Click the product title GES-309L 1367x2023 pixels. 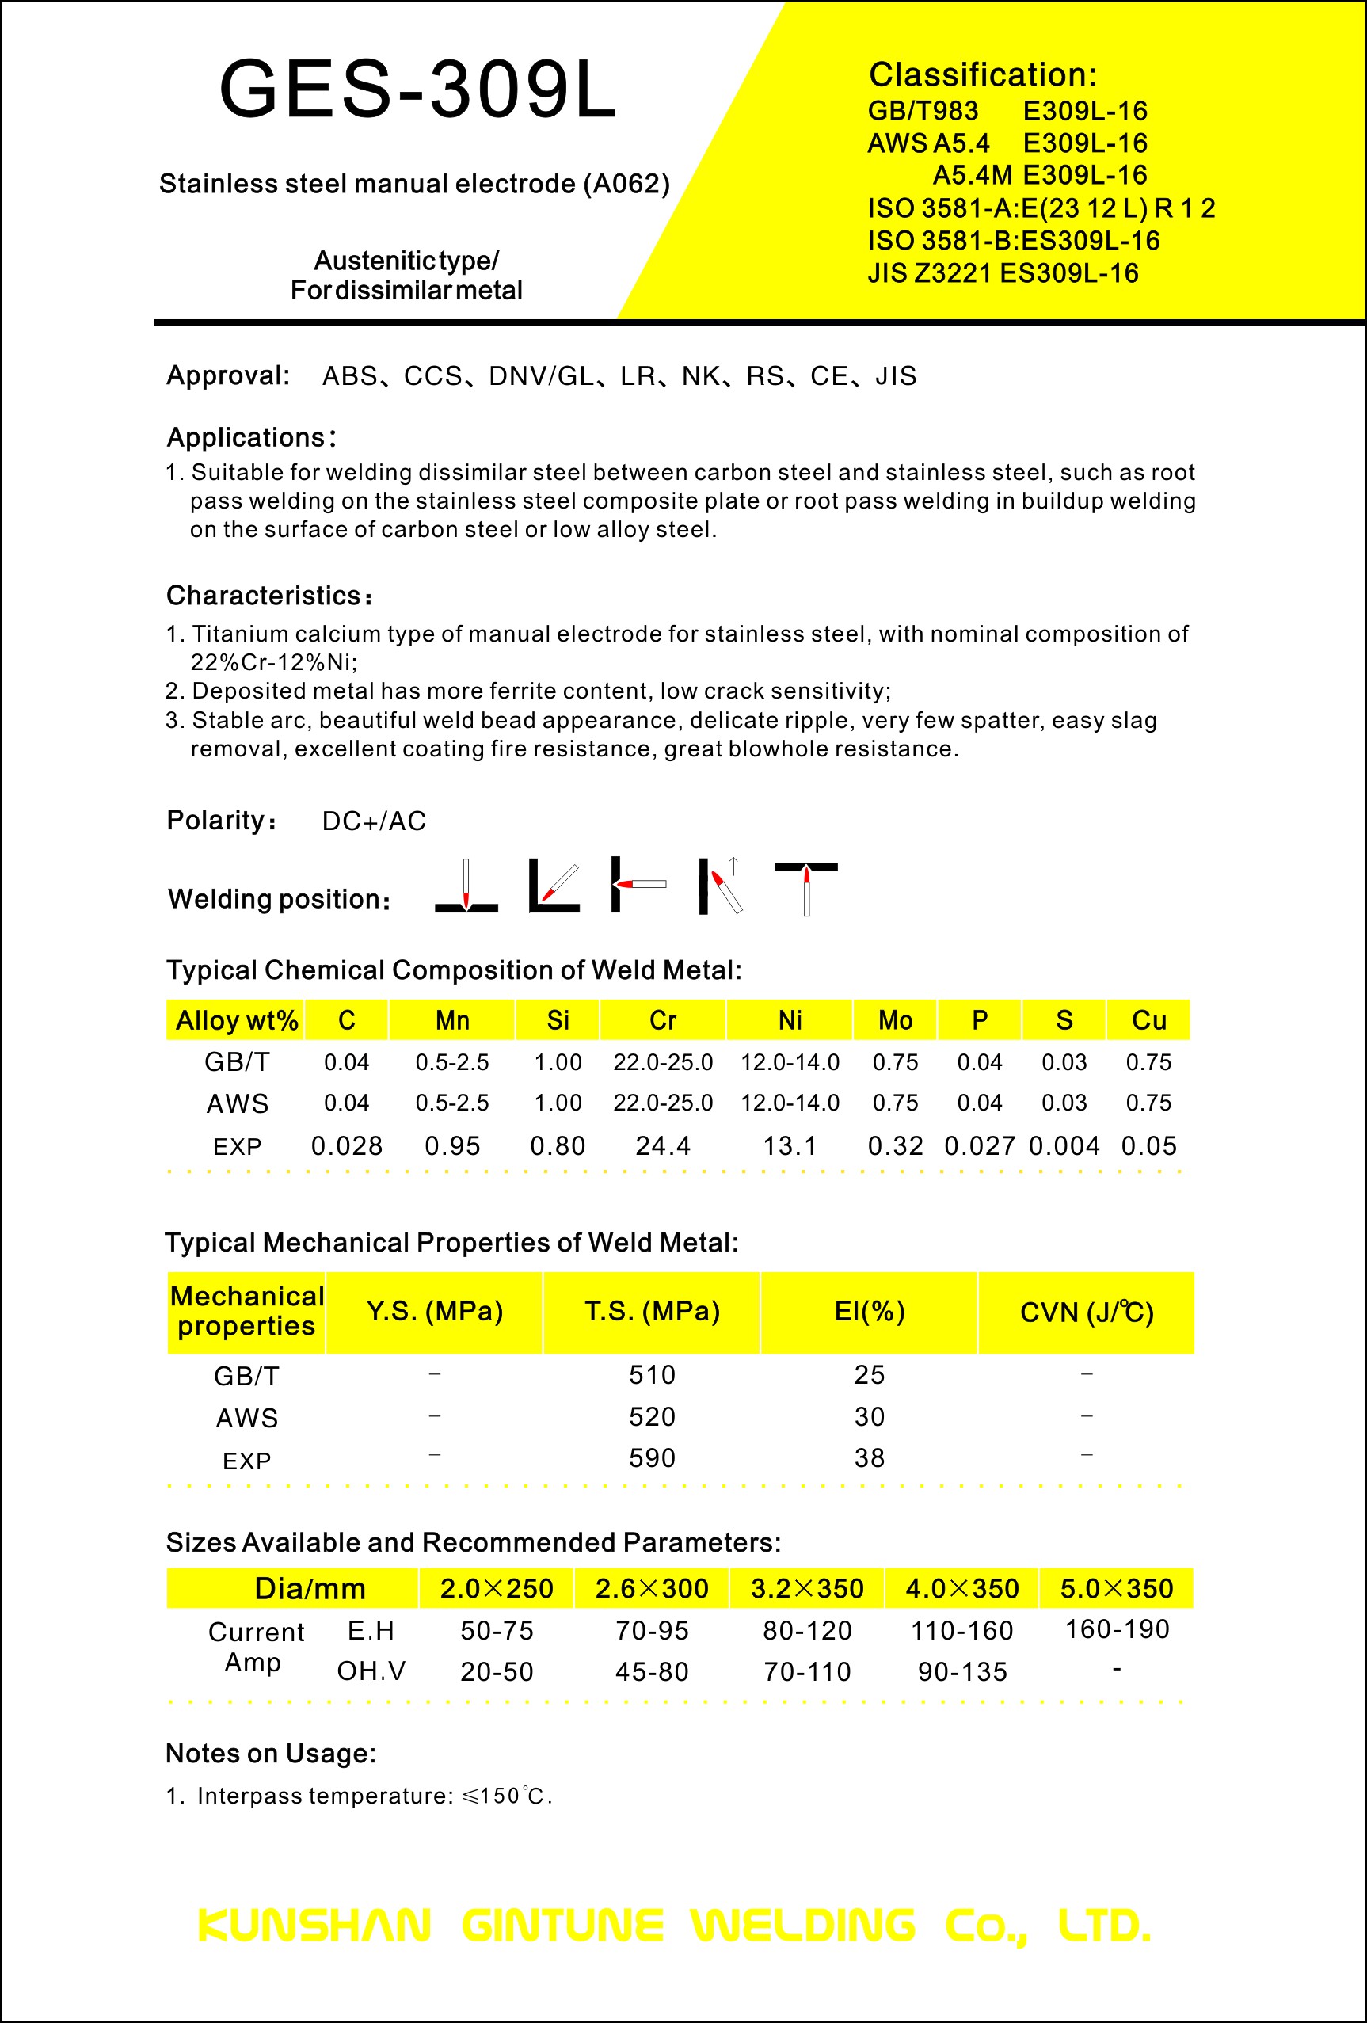coord(417,89)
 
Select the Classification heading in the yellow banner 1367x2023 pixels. coord(982,75)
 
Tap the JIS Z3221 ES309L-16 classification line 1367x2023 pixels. coord(1003,273)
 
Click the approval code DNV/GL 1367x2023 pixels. coord(540,376)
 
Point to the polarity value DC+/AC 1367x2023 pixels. coord(374,821)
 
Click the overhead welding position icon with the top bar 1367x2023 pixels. coord(805,886)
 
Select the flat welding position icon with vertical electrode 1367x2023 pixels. coord(466,886)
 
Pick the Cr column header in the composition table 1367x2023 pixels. coord(662,1020)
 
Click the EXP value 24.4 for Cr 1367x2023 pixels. coord(662,1146)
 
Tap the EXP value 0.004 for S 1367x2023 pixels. coord(1064,1146)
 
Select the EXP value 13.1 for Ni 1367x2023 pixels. coord(790,1146)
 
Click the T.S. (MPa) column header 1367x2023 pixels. coord(652,1311)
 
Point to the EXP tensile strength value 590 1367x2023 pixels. coord(652,1458)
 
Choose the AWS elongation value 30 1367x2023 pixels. coord(870,1417)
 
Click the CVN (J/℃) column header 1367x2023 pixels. coord(1086,1312)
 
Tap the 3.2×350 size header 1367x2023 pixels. coord(806,1589)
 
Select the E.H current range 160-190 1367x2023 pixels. coord(1118,1629)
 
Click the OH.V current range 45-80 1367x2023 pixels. coord(652,1671)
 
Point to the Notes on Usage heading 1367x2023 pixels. coord(271,1753)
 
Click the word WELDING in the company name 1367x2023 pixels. coord(802,1926)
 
